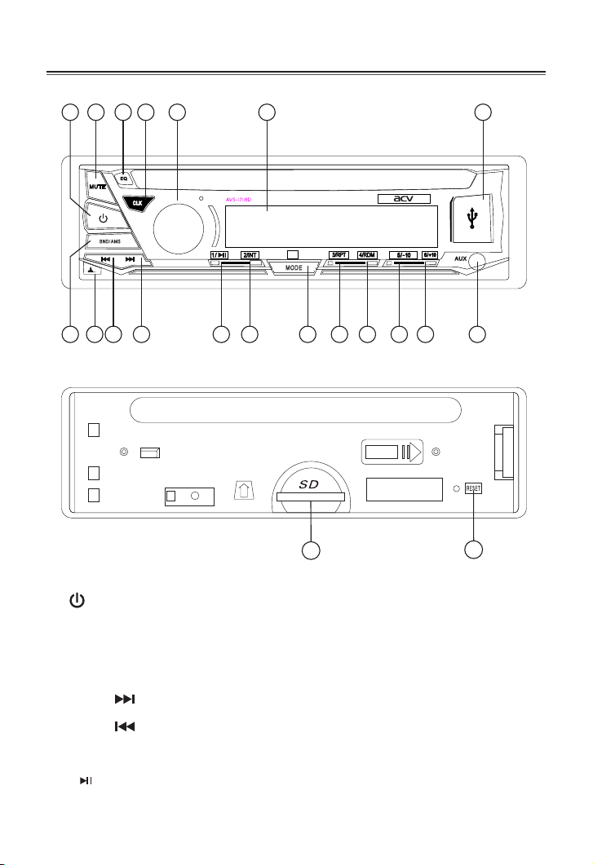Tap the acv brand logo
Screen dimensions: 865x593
[x=403, y=199]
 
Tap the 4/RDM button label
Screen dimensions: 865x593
[x=367, y=254]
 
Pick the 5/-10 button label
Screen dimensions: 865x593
[x=403, y=254]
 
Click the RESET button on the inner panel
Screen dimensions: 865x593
[x=473, y=488]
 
